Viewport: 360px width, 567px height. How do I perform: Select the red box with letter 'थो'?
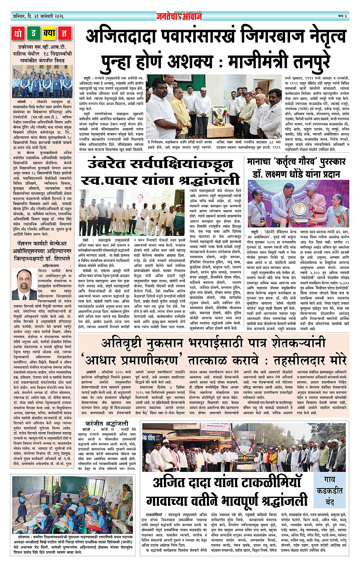tap(19, 33)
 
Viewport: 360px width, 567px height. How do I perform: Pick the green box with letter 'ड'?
tap(34, 33)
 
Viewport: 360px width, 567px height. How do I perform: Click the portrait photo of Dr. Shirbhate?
tap(24, 285)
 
